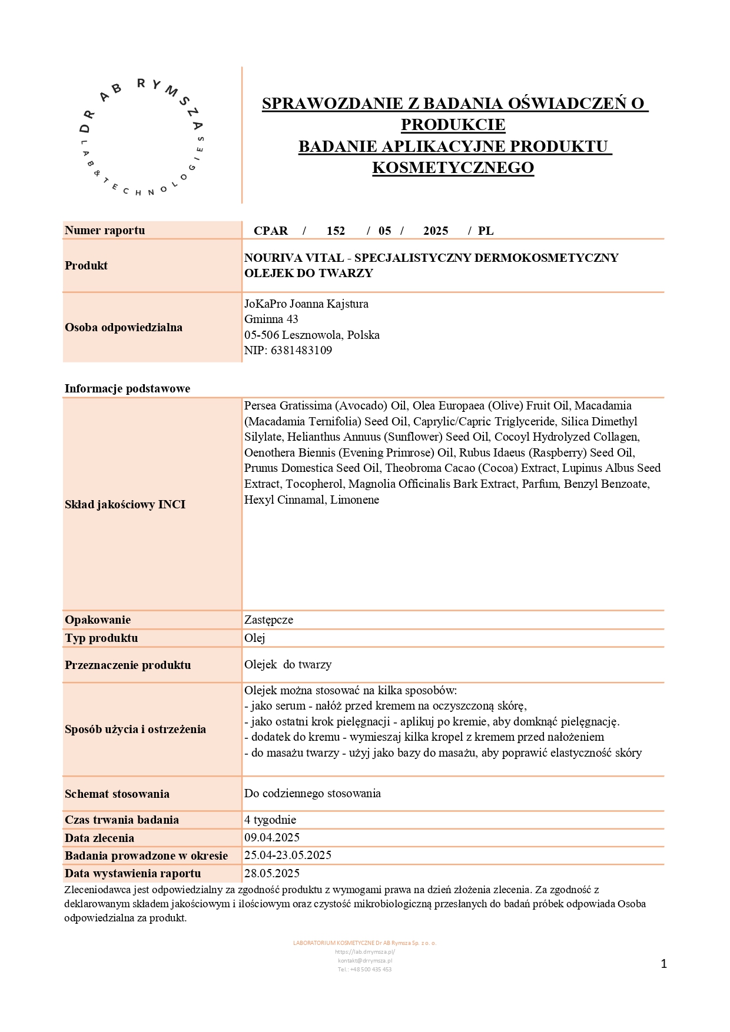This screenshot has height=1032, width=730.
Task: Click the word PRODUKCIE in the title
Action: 453,125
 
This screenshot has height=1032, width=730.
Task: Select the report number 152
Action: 336,231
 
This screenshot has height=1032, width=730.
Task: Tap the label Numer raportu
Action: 105,230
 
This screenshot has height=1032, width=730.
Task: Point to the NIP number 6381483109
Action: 301,350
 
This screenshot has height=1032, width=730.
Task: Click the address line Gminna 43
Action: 271,319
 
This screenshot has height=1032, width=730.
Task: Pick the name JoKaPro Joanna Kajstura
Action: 306,304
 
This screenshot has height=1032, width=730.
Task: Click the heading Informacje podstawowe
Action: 127,388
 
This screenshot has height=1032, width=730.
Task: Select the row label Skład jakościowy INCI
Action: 125,504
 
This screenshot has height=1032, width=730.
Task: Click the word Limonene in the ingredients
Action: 354,500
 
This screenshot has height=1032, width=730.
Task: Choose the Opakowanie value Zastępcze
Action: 268,620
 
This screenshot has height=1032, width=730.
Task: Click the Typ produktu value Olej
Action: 255,638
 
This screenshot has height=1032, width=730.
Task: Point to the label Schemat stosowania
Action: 117,794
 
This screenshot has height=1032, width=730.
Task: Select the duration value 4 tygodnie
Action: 270,820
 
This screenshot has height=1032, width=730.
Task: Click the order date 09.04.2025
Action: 272,837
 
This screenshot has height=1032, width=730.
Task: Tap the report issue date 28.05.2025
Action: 272,873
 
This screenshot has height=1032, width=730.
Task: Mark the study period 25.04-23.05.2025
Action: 288,855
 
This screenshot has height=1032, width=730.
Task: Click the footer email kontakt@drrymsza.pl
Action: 365,960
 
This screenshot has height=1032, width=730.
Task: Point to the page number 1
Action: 664,964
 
